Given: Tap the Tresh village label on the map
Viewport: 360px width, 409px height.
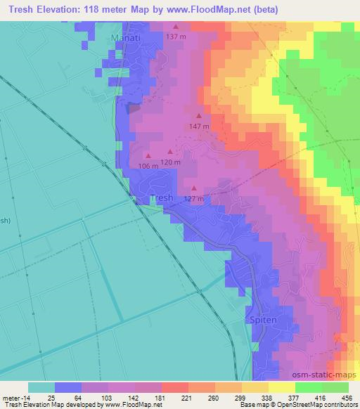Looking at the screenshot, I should [x=162, y=198].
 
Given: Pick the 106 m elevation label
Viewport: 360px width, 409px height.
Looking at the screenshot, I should [x=149, y=166].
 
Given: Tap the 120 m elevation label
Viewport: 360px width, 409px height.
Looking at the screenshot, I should [x=171, y=162].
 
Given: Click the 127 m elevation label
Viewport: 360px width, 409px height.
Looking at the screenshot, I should [x=194, y=198].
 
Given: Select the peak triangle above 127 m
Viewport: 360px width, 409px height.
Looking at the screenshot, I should [x=194, y=188].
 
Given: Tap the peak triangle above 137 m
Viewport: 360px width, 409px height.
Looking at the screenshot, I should [x=175, y=27].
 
